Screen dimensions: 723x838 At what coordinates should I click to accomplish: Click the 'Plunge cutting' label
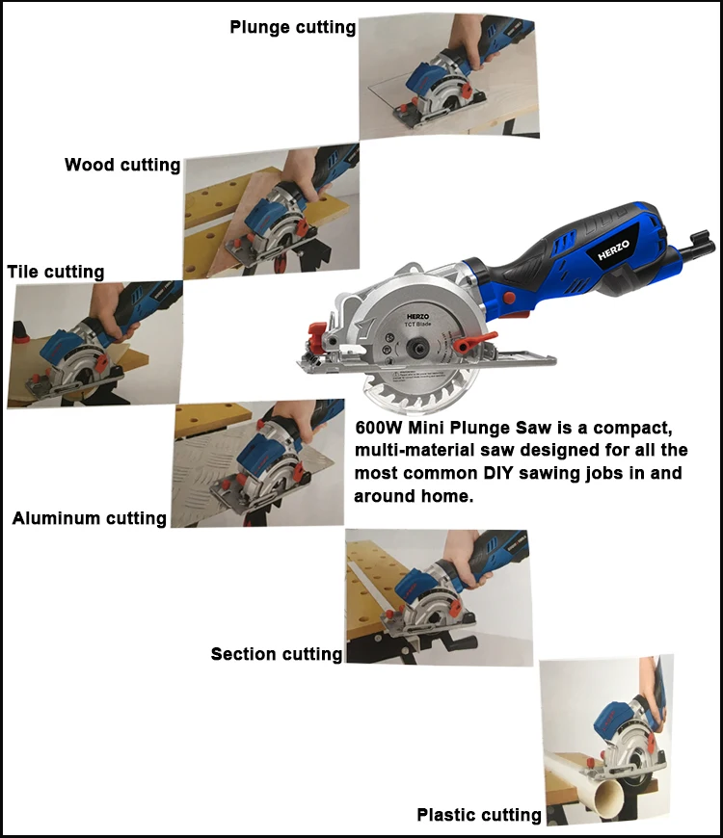coord(292,27)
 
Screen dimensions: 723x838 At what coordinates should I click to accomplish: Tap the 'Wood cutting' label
coord(122,165)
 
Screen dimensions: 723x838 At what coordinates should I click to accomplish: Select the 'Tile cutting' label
coord(56,272)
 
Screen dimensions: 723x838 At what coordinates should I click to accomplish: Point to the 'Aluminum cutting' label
coord(90,518)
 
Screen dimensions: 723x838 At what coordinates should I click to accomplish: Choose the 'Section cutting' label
coord(277,654)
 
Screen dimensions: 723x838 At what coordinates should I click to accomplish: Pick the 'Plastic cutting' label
coord(479,815)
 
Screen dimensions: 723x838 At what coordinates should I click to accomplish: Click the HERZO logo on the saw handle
coord(613,250)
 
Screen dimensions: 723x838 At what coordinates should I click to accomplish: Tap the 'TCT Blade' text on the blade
coord(417,324)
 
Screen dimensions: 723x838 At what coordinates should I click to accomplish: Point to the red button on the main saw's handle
coord(509,298)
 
